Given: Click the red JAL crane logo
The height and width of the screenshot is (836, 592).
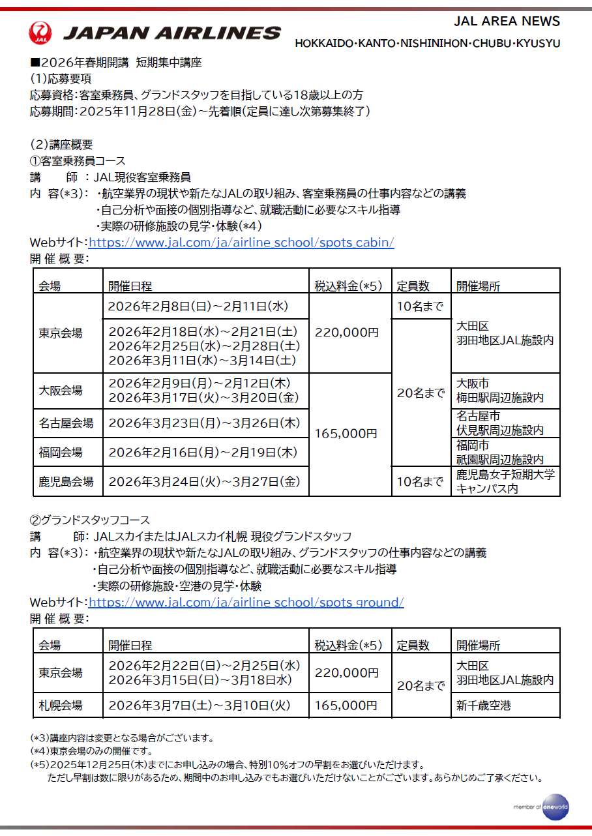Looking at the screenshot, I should coord(41,33).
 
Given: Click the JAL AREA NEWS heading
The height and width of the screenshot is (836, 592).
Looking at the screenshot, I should coord(507,21).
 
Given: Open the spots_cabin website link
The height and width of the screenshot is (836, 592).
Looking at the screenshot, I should coord(241,243).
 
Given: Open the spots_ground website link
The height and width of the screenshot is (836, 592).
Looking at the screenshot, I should coord(246,602).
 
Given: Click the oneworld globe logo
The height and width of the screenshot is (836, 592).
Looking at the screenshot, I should coord(555,806).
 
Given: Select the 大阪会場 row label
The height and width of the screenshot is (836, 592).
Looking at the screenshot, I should coord(61,391).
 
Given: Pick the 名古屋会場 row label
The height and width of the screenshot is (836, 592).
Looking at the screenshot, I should coord(66,423).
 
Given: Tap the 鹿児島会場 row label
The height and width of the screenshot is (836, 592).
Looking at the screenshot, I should coord(66,482).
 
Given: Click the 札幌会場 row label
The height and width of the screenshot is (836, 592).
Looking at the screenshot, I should coord(61,705).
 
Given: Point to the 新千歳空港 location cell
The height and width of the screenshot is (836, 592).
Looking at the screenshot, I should coord(484,705).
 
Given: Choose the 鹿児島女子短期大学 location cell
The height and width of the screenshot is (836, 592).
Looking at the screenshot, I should coord(505,481).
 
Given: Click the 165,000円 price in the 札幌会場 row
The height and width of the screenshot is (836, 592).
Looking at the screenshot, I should coord(346,705).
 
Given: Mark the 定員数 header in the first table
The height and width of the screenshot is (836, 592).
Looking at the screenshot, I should coord(413,286).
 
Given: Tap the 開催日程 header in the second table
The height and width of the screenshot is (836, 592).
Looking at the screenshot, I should coord(130,645).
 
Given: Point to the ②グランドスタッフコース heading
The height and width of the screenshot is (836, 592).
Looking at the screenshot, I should coord(90,520).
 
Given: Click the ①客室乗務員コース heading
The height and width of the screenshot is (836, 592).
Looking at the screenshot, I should coord(78,160).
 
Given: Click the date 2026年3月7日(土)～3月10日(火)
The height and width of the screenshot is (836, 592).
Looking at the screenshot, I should coord(198,705).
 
